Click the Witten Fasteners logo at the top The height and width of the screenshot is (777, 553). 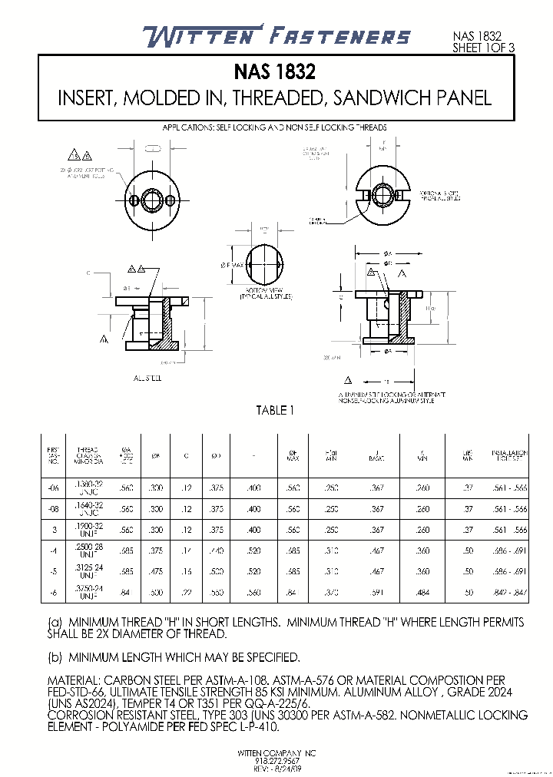[276, 36]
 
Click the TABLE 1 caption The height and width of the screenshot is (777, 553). [275, 411]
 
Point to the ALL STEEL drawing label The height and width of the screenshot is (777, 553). [147, 379]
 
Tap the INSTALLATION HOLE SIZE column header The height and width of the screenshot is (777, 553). [511, 455]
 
